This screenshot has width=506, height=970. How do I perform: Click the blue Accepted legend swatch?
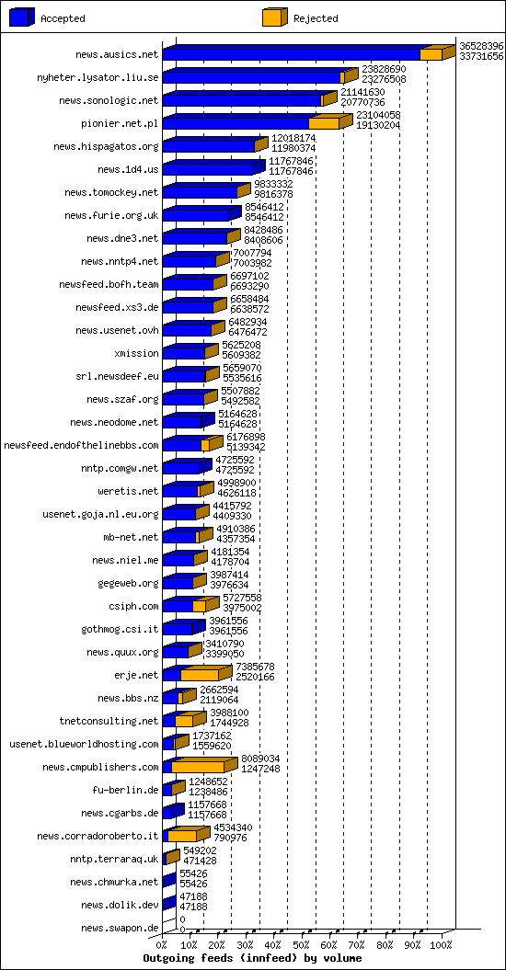(x=22, y=18)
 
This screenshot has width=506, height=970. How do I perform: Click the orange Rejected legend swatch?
(x=275, y=18)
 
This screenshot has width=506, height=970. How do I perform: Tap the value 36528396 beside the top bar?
(x=481, y=46)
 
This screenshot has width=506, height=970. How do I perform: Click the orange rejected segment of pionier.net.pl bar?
(x=324, y=123)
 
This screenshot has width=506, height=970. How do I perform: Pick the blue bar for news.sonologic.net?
(x=242, y=100)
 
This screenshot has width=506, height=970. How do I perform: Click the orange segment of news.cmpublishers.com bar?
(x=198, y=767)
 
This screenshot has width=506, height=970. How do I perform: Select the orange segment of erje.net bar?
(x=200, y=675)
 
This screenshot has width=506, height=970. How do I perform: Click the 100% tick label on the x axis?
(x=442, y=945)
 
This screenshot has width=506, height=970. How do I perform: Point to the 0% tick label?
(x=162, y=945)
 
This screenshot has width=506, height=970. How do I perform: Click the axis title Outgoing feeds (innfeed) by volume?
(x=253, y=958)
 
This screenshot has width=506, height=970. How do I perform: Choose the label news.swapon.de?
(x=120, y=928)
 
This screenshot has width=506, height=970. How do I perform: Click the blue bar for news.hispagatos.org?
(x=209, y=146)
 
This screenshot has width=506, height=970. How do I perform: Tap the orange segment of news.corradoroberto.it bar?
(x=182, y=836)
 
